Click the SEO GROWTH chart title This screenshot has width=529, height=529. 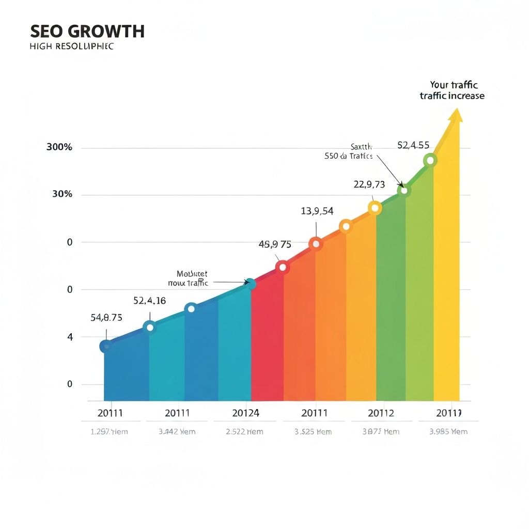point(87,32)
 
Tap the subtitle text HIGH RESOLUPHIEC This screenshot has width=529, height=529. point(72,46)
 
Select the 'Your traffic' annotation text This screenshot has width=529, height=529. point(453,85)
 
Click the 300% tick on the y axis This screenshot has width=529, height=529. point(59,147)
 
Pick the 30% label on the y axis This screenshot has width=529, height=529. point(62,194)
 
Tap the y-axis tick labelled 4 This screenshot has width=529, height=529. point(70,337)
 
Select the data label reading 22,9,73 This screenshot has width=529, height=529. point(369,184)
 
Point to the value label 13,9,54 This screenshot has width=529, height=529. point(317,211)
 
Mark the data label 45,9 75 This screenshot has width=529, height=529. point(275,244)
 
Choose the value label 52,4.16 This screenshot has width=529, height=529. point(149,301)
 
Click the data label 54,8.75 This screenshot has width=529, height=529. point(106,318)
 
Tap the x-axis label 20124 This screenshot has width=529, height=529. point(246,413)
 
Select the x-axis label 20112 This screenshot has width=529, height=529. point(381,413)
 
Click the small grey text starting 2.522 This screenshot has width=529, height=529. point(244,431)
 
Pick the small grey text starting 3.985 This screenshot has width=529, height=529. point(448,431)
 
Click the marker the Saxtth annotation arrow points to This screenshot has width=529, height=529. point(404,191)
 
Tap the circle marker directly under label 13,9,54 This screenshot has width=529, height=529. point(316,244)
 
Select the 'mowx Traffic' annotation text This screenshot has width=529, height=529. point(188,283)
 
